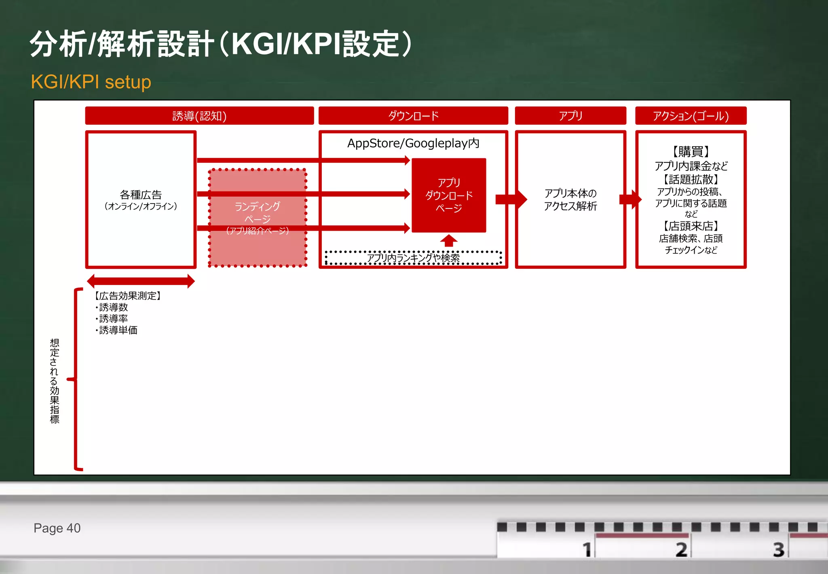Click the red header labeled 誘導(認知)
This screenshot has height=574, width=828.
pos(199,116)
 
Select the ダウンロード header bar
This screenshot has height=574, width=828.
pos(413,116)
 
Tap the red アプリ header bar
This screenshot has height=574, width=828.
pos(570,116)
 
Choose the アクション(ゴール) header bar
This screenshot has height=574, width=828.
pos(691,116)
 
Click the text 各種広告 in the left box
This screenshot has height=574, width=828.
pos(141,195)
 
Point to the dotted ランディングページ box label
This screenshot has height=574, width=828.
pos(257,213)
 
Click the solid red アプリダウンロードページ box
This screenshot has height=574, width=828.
pos(449,195)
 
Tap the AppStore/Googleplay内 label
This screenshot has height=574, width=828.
pos(413,143)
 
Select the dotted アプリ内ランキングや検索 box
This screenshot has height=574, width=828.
pos(413,258)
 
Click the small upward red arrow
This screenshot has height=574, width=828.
pos(449,240)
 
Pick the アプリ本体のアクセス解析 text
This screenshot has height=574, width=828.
pos(570,200)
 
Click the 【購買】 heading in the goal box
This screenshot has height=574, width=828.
pos(691,151)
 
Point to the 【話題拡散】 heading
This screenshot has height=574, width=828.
pos(691,179)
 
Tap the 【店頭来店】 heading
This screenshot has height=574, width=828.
pos(691,225)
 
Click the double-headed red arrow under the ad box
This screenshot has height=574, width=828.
pos(141,281)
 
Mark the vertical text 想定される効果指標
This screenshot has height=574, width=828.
pos(55,381)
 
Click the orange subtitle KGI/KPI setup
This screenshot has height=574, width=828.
pos(91,82)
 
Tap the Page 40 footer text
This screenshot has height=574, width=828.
pos(57,528)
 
